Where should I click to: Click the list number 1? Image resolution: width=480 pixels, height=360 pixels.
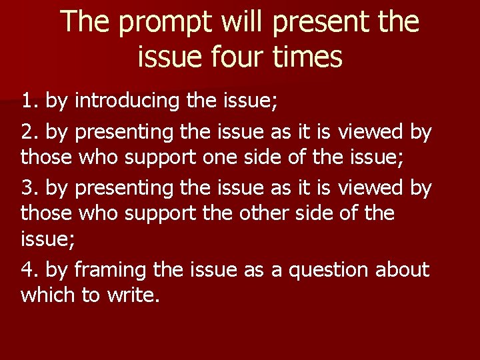point(29,101)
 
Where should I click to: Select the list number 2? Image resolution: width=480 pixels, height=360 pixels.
point(29,133)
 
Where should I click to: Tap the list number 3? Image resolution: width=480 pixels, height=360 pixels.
point(29,189)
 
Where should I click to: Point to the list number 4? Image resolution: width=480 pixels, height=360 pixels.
point(29,270)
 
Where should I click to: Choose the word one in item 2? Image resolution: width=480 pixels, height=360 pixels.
point(242,159)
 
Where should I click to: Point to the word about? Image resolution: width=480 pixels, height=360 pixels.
point(403,270)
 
